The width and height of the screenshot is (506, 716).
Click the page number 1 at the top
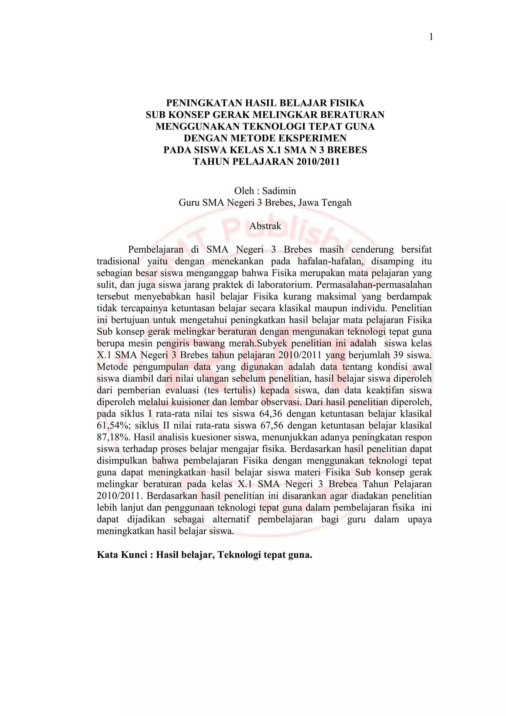431,37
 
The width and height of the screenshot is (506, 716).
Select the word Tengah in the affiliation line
337,203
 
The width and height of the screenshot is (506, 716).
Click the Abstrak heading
265,226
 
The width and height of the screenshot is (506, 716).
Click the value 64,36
270,414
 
